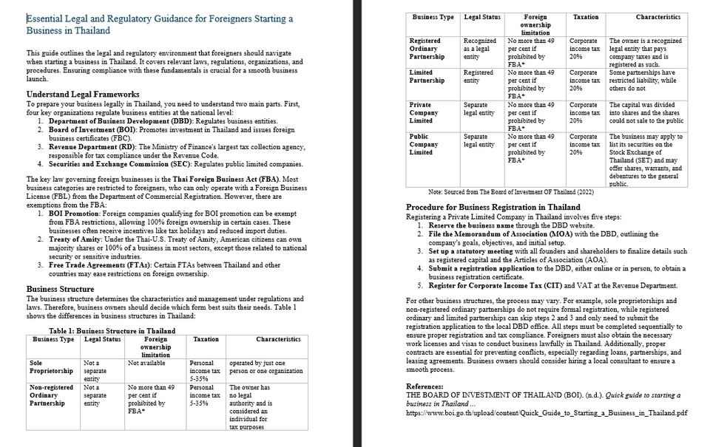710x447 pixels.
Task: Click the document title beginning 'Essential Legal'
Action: (159, 24)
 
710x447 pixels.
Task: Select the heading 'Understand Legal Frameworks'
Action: (83, 95)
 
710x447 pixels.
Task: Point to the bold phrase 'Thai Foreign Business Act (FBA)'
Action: (237, 180)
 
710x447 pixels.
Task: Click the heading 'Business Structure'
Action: (60, 289)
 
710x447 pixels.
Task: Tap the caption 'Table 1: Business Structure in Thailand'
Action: (112, 331)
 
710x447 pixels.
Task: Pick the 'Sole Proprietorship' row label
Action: (51, 367)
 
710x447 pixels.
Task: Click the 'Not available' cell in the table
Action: (146, 364)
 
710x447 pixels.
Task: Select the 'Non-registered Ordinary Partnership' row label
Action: (51, 395)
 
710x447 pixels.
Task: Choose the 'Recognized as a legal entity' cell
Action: (480, 49)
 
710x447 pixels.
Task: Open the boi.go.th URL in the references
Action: (547, 413)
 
